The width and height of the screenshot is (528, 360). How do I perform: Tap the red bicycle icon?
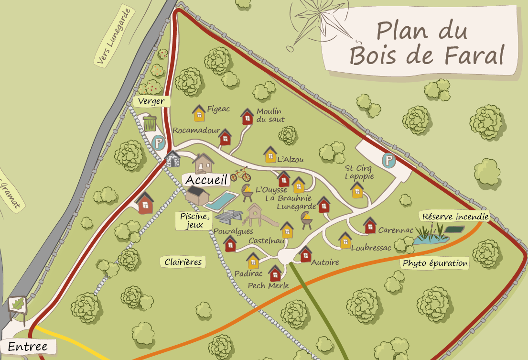coord(240,175)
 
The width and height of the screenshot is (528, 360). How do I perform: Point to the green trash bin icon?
coord(150,123)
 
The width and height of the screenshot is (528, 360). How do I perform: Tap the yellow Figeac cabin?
coord(199,113)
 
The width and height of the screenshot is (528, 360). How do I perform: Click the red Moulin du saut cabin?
coord(247,117)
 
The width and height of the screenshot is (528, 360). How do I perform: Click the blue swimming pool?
coord(222,201)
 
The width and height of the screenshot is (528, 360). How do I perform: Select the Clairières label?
coord(183,262)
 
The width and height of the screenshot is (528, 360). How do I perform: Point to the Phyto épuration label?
coord(435,263)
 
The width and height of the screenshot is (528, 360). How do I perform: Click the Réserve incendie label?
coord(455,217)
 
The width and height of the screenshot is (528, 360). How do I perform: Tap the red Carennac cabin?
coord(370,225)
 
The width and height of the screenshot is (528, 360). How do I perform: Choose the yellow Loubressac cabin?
coord(345,240)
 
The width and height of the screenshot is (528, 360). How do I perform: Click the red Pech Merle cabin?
coord(275,273)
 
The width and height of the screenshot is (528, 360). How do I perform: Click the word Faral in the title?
coord(474,55)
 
